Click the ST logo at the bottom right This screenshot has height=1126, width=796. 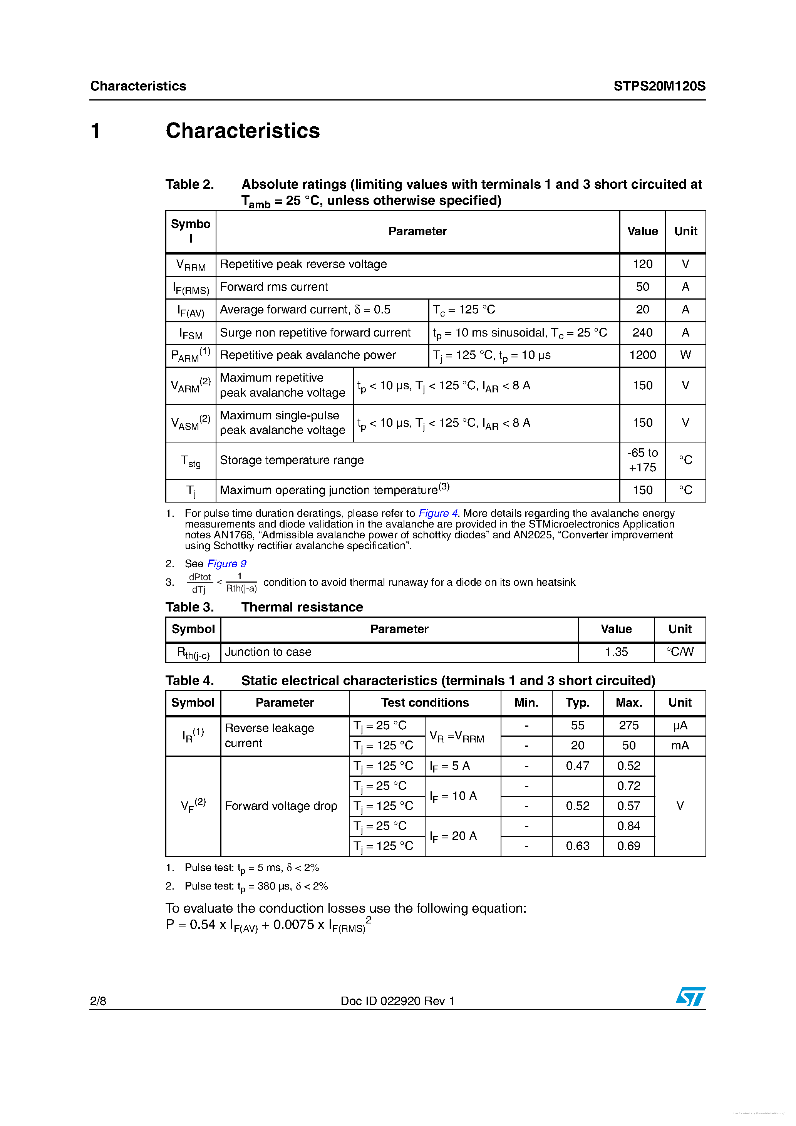pyautogui.click(x=690, y=997)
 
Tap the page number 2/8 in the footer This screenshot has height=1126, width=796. pyautogui.click(x=98, y=1001)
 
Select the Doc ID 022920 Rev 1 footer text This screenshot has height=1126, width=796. pyautogui.click(x=397, y=1001)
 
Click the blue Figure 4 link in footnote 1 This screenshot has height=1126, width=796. pyautogui.click(x=437, y=513)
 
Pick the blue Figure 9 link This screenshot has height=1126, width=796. pyautogui.click(x=226, y=563)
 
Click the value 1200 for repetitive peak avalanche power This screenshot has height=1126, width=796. pyautogui.click(x=642, y=355)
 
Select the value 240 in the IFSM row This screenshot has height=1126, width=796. pyautogui.click(x=642, y=332)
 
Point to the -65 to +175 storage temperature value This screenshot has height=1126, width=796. pyautogui.click(x=642, y=460)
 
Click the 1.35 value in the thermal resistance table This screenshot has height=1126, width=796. pyautogui.click(x=616, y=652)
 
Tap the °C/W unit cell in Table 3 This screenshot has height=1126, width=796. pyautogui.click(x=680, y=652)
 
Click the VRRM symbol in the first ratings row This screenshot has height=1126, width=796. pyautogui.click(x=191, y=265)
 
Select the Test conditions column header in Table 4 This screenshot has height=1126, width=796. pyautogui.click(x=425, y=703)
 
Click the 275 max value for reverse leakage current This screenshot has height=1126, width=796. pyautogui.click(x=629, y=726)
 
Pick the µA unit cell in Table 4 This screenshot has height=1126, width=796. pyautogui.click(x=680, y=726)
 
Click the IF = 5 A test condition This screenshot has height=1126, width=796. pyautogui.click(x=450, y=766)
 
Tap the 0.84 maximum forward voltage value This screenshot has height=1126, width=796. pyautogui.click(x=629, y=826)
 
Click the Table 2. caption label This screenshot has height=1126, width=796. pyautogui.click(x=189, y=184)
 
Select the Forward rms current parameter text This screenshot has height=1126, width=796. pyautogui.click(x=274, y=287)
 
